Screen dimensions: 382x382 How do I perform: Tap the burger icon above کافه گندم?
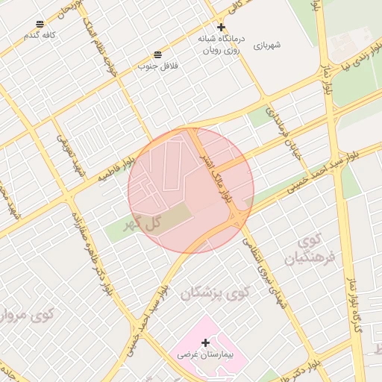(x=40, y=25)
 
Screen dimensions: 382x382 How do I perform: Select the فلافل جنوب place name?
(x=157, y=66)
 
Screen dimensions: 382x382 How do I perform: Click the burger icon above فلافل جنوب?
(x=158, y=55)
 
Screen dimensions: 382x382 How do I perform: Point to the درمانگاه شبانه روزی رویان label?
(x=219, y=44)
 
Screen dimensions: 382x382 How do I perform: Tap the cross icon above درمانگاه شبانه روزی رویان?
(x=220, y=27)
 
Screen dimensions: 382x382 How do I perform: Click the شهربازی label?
(x=267, y=46)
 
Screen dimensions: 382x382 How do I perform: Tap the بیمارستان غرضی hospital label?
(x=205, y=356)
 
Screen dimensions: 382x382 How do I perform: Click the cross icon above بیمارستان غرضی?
(x=205, y=342)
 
